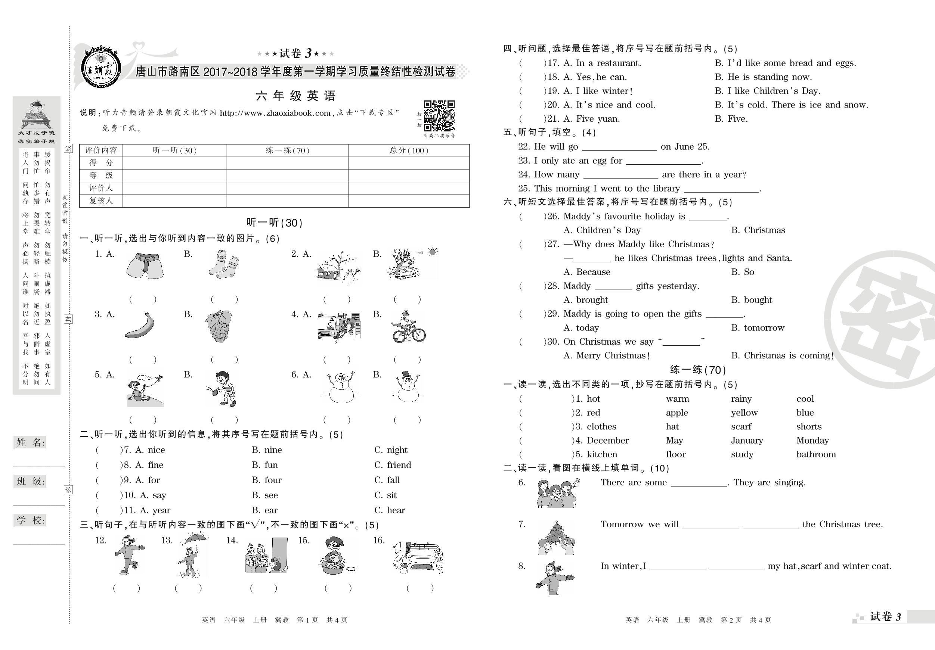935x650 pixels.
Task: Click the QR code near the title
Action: tap(439, 116)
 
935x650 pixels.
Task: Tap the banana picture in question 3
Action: tap(139, 325)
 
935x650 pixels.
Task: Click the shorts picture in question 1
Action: tap(145, 266)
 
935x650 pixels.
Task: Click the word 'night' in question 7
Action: tap(397, 450)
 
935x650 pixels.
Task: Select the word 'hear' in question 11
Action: tap(396, 510)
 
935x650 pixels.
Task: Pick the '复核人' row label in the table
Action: tap(101, 200)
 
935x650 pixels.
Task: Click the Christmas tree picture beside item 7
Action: tap(555, 537)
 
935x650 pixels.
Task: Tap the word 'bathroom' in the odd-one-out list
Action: tap(816, 454)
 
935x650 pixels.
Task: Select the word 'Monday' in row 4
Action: tap(812, 441)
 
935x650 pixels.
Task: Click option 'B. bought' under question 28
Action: tap(751, 300)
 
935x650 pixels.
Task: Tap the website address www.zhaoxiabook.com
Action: tap(275, 113)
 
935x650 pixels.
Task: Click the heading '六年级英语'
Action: tap(295, 96)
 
